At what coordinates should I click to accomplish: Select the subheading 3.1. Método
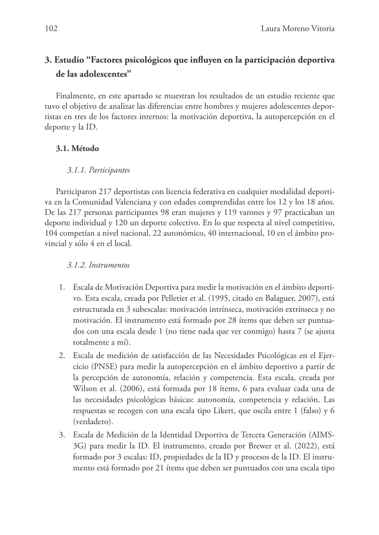[77, 148]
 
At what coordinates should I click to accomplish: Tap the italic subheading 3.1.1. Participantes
[98, 170]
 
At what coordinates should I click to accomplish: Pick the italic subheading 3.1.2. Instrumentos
[98, 265]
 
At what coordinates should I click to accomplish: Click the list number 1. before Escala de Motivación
[61, 287]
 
